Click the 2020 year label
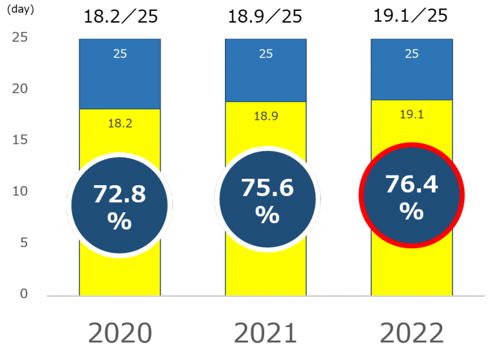click(x=120, y=333)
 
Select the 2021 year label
click(x=266, y=333)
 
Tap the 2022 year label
click(x=411, y=333)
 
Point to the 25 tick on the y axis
click(x=20, y=37)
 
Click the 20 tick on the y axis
click(x=20, y=88)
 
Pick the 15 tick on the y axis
click(x=20, y=140)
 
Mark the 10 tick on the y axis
click(x=20, y=192)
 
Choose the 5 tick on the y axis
click(x=23, y=243)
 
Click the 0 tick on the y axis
click(x=24, y=294)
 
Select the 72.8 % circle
click(x=120, y=205)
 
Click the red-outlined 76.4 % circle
click(x=411, y=195)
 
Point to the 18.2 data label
click(x=120, y=123)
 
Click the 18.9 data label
click(x=266, y=116)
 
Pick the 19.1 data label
click(x=411, y=114)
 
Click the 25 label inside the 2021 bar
click(x=266, y=54)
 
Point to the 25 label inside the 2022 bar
click(x=411, y=54)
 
